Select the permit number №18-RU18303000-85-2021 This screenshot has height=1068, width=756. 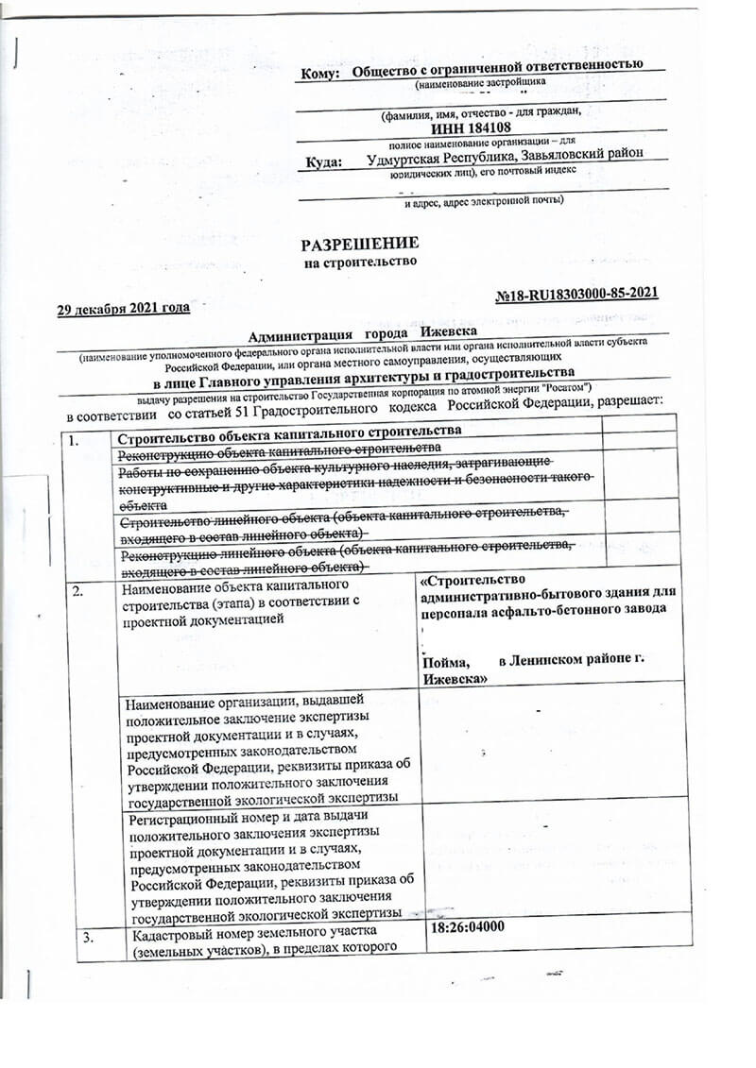576,294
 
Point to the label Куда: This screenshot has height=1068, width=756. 323,163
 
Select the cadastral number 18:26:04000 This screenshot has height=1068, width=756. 467,926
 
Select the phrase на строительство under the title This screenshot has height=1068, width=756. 359,262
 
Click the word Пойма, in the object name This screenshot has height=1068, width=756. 447,663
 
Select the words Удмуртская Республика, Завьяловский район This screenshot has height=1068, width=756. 505,156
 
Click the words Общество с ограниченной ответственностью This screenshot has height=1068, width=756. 497,66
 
